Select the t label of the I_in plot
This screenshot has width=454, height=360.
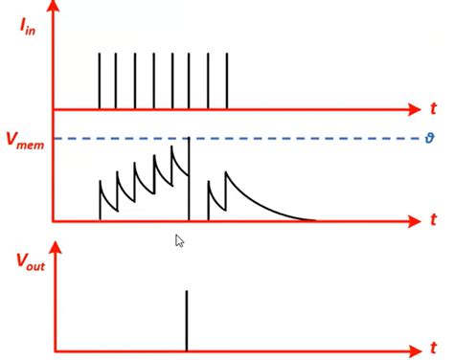point(433,107)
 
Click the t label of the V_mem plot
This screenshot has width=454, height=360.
point(433,220)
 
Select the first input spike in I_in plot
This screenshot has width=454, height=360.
point(100,80)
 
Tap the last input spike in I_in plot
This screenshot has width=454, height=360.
point(227,80)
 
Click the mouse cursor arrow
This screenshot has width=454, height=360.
point(179,240)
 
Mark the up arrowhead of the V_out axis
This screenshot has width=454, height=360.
point(54,248)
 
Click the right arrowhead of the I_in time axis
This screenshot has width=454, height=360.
point(413,108)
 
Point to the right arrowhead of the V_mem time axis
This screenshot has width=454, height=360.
point(413,221)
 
